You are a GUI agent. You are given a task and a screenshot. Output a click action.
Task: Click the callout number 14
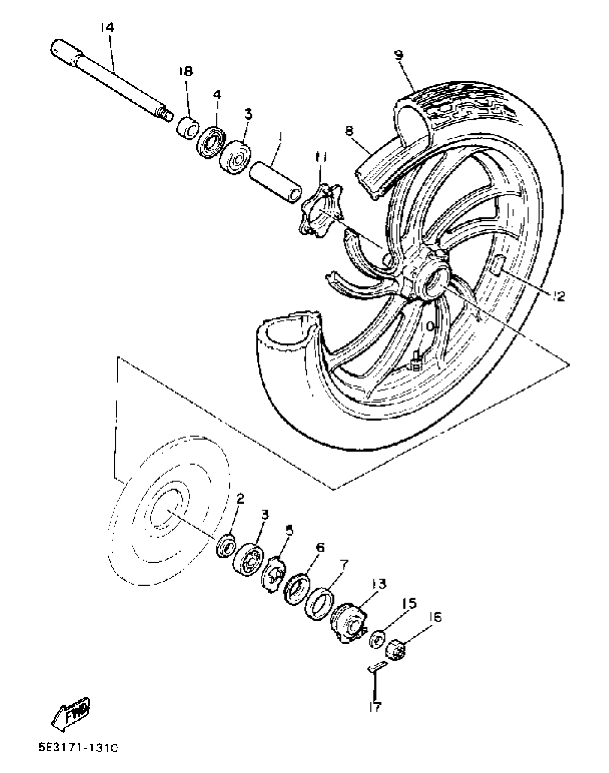[107, 28]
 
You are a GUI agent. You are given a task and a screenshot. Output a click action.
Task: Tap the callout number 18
[186, 71]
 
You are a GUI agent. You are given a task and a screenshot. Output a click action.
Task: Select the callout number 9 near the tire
[399, 55]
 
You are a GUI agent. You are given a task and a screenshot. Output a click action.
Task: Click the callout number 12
[558, 296]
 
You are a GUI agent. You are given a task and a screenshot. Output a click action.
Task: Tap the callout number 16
[435, 617]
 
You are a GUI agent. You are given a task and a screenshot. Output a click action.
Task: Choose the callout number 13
[379, 584]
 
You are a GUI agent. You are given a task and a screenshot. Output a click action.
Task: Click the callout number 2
[240, 498]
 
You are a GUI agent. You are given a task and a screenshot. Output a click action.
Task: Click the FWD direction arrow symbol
[71, 711]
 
